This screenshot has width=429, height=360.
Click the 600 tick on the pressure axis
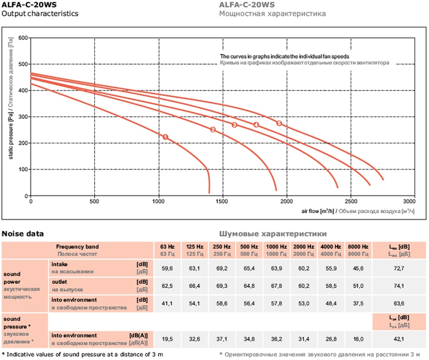(x=23, y=38)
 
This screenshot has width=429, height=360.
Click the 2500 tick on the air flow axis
(x=345, y=202)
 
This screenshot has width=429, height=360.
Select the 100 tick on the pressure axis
(x=23, y=169)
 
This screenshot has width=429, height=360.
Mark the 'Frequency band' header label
(x=77, y=247)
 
